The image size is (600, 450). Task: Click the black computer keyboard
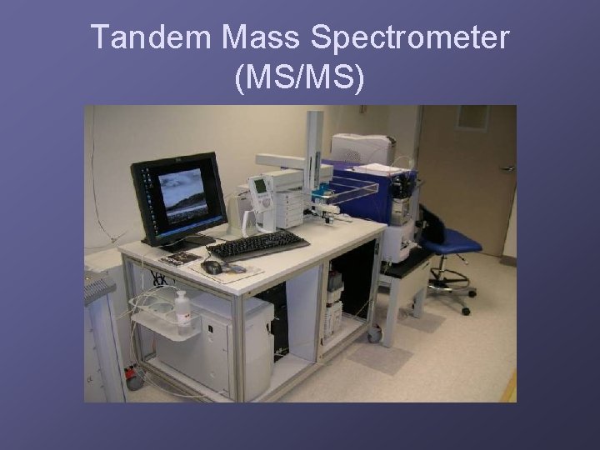pos(257,245)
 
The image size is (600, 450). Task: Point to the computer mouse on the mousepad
pos(212,267)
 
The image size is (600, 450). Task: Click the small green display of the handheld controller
pos(260,185)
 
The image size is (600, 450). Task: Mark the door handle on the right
pos(507,168)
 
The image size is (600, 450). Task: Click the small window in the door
pos(471,116)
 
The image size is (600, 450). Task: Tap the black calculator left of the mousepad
pos(180,258)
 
